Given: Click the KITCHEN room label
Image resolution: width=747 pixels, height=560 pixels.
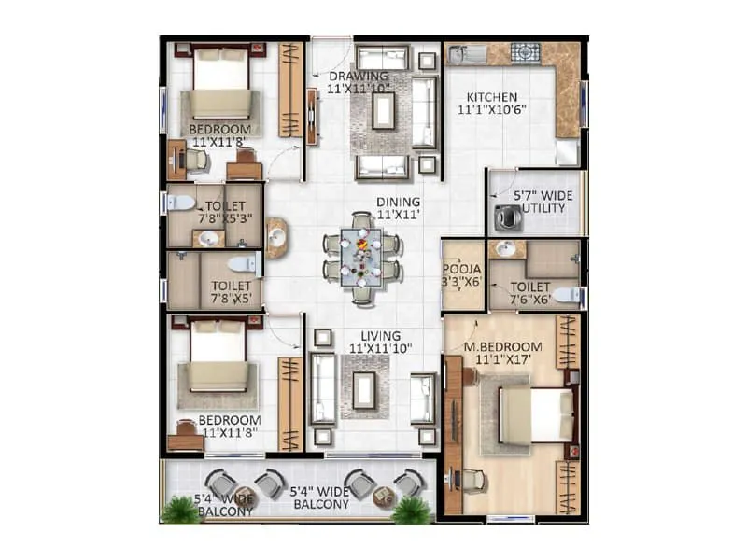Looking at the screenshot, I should (x=492, y=104).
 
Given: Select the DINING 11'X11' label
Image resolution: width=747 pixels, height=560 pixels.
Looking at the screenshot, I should (x=398, y=208).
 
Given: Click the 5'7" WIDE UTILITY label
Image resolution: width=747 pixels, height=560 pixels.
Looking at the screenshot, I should (x=543, y=202).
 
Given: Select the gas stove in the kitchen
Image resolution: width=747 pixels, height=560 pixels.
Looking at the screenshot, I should (x=524, y=53).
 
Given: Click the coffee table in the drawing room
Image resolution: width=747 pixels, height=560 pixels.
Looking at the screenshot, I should (x=383, y=111).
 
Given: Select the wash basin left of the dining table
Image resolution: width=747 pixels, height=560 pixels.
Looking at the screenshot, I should (x=276, y=238).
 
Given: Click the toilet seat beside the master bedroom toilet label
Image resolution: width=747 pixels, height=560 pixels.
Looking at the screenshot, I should (x=565, y=295).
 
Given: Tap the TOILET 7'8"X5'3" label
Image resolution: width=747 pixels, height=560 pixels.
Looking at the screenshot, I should (x=222, y=211).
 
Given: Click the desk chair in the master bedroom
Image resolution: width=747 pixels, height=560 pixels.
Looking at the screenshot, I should (x=472, y=480).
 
